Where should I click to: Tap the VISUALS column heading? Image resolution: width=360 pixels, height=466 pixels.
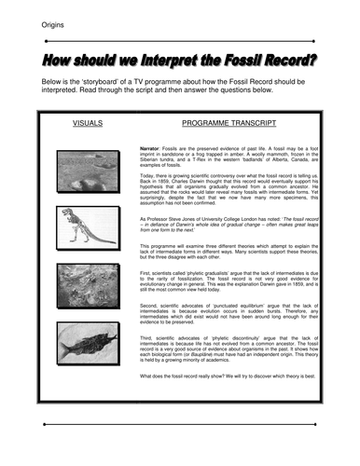88,123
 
